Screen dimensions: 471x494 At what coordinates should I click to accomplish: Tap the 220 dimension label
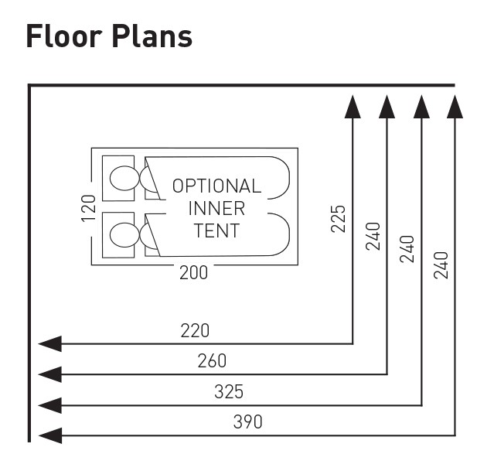pyautogui.click(x=195, y=331)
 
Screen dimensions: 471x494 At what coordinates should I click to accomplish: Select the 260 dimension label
pyautogui.click(x=212, y=361)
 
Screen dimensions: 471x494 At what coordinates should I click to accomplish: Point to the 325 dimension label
pyautogui.click(x=229, y=392)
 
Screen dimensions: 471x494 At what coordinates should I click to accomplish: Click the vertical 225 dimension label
pyautogui.click(x=338, y=218)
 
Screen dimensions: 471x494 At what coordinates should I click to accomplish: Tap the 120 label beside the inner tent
pyautogui.click(x=88, y=208)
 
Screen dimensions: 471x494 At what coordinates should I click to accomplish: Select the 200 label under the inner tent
pyautogui.click(x=193, y=273)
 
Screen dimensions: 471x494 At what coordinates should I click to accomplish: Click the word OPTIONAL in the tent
pyautogui.click(x=216, y=186)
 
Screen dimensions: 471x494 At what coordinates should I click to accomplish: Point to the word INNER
pyautogui.click(x=216, y=208)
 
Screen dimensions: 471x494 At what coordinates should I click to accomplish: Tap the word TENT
pyautogui.click(x=216, y=230)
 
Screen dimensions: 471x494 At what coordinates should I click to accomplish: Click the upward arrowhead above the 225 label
pyautogui.click(x=353, y=106)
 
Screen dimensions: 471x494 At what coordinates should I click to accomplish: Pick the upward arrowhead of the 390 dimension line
pyautogui.click(x=455, y=106)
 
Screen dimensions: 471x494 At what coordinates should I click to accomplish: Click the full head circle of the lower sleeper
pyautogui.click(x=122, y=234)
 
